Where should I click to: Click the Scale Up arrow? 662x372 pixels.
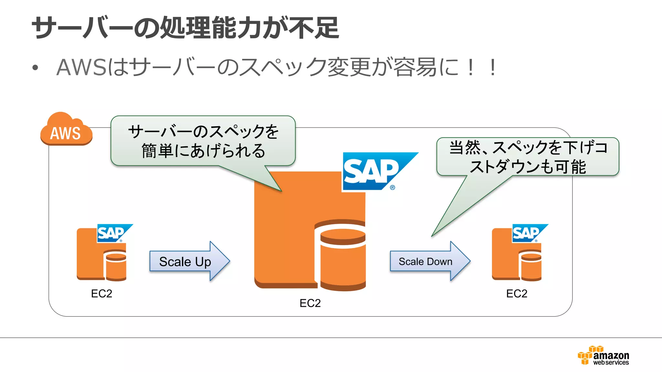click(189, 261)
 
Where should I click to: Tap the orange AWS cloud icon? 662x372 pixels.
click(66, 130)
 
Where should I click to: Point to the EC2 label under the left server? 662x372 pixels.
click(101, 294)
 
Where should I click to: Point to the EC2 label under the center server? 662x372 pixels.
click(310, 303)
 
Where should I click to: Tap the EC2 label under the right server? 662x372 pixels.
click(517, 294)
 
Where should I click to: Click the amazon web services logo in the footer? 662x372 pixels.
click(603, 356)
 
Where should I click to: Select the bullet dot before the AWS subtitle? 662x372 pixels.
click(35, 68)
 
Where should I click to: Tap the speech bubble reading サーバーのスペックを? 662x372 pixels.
click(203, 141)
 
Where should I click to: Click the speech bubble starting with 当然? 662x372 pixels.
click(528, 157)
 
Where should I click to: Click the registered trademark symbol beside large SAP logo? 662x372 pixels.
click(392, 188)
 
